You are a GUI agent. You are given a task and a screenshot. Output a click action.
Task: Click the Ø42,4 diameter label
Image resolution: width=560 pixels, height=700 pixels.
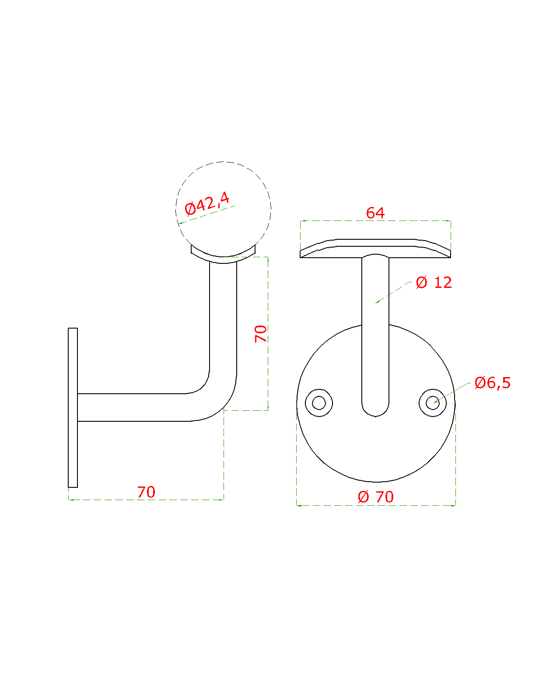(x=207, y=203)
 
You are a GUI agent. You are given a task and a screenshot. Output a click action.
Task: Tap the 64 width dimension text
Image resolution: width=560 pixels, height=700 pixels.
(x=375, y=213)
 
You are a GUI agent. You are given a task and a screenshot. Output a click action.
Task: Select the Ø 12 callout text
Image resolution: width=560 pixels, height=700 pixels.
(x=434, y=282)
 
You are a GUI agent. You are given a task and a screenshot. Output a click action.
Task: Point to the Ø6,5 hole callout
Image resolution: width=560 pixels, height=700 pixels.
(x=492, y=382)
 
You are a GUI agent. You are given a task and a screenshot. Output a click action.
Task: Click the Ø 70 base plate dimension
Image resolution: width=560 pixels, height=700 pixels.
(x=376, y=497)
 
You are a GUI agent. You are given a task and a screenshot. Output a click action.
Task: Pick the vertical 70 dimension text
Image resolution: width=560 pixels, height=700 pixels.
(x=261, y=333)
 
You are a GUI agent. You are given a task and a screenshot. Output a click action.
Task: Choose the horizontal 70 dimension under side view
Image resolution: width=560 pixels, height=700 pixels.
(x=146, y=492)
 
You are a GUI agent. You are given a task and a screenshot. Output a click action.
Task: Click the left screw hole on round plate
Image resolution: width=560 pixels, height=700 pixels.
(x=319, y=402)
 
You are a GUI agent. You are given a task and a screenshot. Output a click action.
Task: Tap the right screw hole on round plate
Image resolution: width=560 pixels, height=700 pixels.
(x=432, y=402)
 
